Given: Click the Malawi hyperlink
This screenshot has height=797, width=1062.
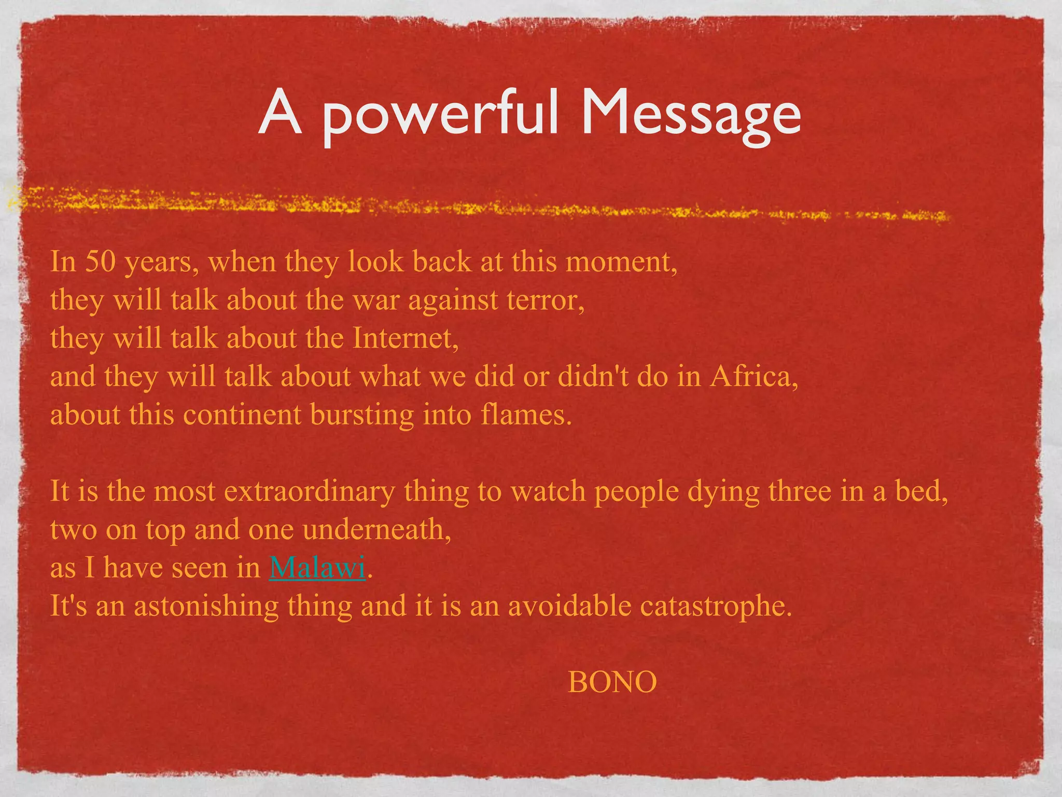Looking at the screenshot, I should [317, 567].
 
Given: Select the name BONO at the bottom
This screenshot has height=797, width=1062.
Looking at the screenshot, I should [612, 682].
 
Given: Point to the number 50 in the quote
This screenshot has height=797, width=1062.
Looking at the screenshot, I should [100, 262].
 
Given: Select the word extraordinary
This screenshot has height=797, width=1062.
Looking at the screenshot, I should [309, 491].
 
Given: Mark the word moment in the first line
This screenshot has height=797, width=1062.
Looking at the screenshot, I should [621, 262].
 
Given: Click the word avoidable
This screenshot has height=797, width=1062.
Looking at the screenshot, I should [569, 606].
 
